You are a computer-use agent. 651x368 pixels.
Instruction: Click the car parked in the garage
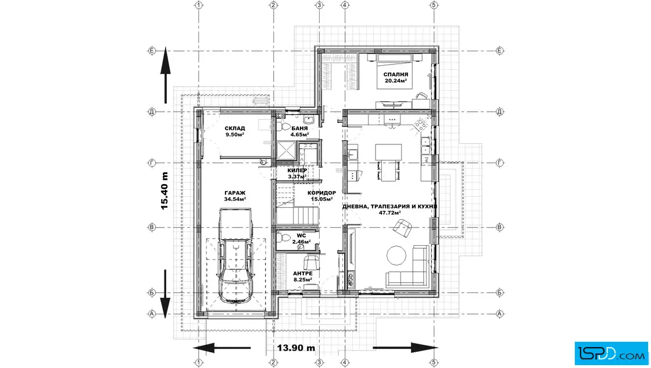point(235,255)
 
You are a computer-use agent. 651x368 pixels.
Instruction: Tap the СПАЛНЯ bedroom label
point(396,75)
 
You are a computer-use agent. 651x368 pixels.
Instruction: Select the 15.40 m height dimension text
point(164,190)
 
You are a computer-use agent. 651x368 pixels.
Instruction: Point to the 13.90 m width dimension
point(296,348)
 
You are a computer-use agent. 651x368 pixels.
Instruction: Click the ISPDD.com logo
point(611,353)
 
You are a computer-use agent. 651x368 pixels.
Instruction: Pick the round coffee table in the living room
point(396,255)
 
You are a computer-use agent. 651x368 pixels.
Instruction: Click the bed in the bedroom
point(395,70)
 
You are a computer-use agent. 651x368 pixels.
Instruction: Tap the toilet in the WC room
point(284,238)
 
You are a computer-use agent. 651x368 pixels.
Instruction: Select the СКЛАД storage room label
point(235,129)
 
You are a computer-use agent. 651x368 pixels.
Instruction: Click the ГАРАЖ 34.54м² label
point(235,196)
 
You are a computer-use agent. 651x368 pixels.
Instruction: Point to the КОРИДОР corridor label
point(322,193)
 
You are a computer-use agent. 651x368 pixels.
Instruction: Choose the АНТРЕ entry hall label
point(303,274)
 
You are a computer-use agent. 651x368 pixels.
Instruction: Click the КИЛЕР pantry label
point(297,171)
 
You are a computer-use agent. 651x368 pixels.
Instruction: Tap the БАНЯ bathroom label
point(299,129)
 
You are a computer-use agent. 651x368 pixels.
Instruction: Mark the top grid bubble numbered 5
point(434,5)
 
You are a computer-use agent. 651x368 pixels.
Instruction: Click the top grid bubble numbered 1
point(199,5)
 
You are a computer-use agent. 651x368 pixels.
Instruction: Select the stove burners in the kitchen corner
point(421,124)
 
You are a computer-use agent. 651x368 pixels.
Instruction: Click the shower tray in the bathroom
point(286,151)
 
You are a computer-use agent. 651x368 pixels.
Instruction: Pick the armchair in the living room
point(402,228)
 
